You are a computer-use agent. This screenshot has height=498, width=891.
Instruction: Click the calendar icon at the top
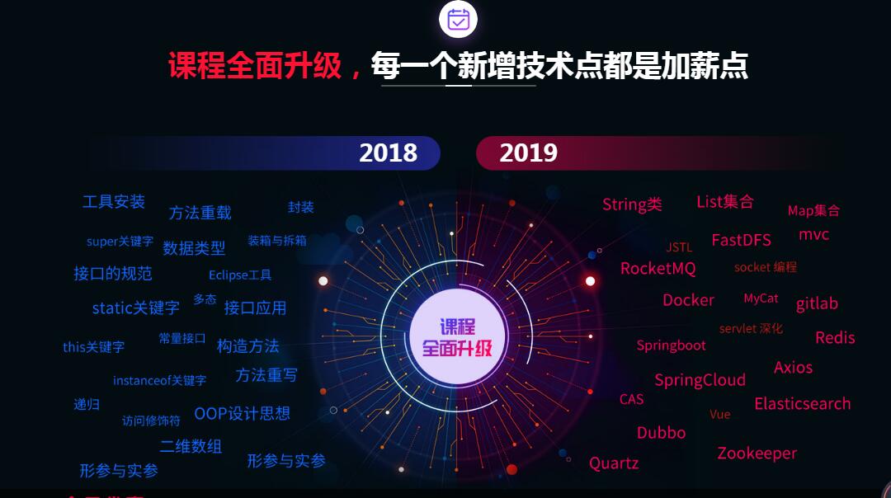click(458, 19)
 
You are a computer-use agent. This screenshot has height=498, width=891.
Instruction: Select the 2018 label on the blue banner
click(388, 153)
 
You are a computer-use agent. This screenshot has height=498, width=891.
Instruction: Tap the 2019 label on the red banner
click(529, 153)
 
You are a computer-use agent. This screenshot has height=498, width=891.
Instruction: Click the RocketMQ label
click(658, 268)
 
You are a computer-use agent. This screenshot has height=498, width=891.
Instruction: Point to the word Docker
click(688, 300)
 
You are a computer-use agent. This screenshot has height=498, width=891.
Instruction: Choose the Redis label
click(835, 338)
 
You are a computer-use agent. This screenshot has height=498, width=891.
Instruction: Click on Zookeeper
click(757, 453)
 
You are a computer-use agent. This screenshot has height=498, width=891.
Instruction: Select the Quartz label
click(614, 463)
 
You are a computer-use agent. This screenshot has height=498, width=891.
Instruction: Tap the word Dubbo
click(661, 433)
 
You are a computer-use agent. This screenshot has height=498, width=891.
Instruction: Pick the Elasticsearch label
click(803, 404)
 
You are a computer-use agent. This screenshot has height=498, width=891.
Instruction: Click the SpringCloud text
click(700, 380)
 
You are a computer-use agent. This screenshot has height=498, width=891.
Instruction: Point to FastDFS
click(741, 240)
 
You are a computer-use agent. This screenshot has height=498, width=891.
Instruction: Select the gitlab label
click(817, 303)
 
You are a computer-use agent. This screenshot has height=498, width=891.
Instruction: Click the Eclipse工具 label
click(240, 275)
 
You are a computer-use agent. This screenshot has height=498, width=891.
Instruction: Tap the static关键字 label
click(136, 308)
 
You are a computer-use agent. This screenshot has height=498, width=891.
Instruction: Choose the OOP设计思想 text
click(242, 413)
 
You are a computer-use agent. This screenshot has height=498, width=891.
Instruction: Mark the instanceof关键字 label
click(160, 380)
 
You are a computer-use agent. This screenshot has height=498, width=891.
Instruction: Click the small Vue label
click(720, 415)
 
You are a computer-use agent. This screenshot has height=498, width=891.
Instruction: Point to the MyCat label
click(761, 298)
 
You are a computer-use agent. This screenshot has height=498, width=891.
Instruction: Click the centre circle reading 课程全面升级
click(457, 336)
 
